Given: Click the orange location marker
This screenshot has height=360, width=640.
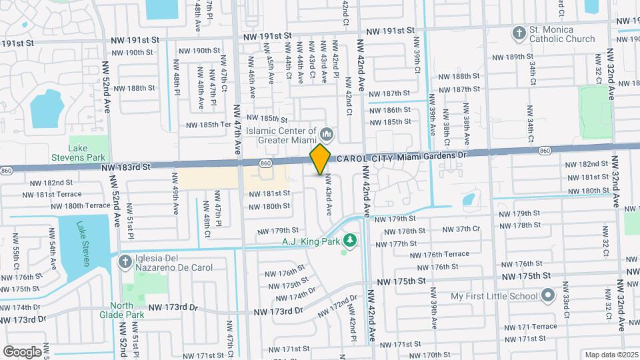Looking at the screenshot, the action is [320, 159].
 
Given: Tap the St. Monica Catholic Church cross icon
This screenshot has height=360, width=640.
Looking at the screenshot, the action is [519, 33].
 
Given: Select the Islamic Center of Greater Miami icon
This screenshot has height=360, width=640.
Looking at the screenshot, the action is [326, 132].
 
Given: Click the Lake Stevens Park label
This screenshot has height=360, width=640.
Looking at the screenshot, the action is [78, 153].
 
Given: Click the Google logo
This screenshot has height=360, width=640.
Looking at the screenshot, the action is [22, 351].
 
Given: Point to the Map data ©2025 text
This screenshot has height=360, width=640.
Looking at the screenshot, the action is [610, 354].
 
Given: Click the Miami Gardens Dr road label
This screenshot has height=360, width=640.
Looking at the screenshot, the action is [433, 155].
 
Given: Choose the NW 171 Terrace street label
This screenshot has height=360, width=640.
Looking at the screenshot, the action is [531, 327].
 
